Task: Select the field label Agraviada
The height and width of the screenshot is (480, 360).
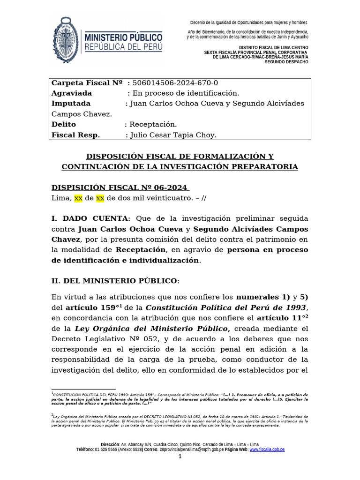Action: pos(71,93)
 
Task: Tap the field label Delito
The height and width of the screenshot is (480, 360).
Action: pos(63,124)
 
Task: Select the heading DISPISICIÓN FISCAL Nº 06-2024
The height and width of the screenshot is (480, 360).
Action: pos(120,187)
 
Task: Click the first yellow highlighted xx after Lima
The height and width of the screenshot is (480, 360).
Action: pos(78,198)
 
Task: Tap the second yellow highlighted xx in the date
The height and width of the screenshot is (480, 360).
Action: pos(100,198)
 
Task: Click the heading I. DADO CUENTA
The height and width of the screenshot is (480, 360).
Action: pos(91,219)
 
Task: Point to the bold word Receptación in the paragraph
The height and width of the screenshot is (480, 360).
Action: pos(141,249)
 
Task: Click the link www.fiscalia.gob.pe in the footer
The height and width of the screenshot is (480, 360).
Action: pos(267,450)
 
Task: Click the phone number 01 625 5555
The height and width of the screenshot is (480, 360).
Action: pos(106,450)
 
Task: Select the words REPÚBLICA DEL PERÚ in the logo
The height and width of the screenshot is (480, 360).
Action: pos(123,46)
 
